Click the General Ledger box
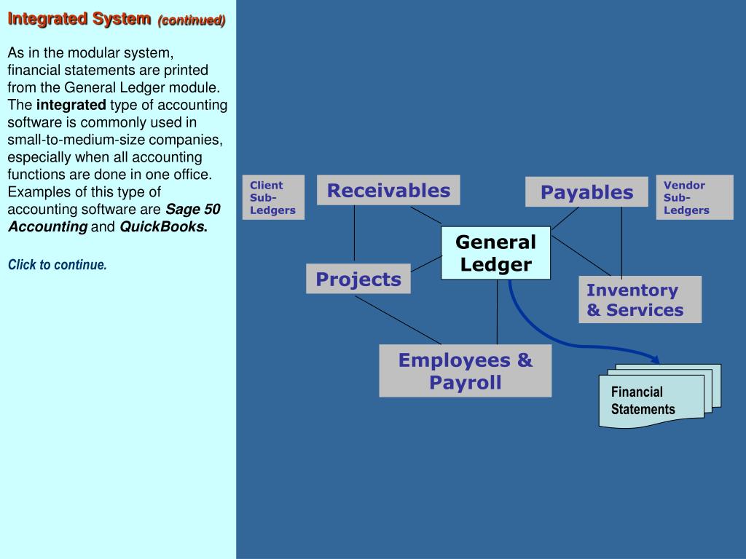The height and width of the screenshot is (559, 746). [x=495, y=253]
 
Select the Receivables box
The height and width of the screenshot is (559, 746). [x=388, y=190]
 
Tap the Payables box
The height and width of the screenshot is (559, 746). [x=586, y=192]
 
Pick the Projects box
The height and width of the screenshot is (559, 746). [x=358, y=279]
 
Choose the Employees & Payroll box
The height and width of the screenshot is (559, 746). [x=465, y=370]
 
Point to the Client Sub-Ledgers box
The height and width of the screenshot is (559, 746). [x=273, y=197]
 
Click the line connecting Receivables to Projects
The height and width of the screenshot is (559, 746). [x=355, y=233]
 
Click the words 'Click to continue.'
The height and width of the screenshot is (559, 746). [x=58, y=265]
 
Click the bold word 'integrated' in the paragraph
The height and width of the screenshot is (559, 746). [x=71, y=106]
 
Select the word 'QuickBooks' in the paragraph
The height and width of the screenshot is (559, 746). [x=162, y=226]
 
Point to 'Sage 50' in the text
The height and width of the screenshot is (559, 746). [x=193, y=210]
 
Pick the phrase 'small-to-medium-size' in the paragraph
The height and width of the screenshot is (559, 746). [x=66, y=140]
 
